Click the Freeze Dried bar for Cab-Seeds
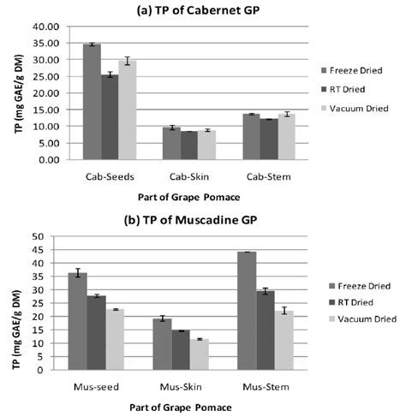pos(92,102)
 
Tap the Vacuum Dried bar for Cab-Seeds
pos(128,110)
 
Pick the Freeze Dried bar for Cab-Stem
pos(250,137)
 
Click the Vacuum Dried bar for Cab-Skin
pos(206,146)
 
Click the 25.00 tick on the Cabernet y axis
pos(42,76)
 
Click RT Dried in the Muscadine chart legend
pos(352,301)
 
